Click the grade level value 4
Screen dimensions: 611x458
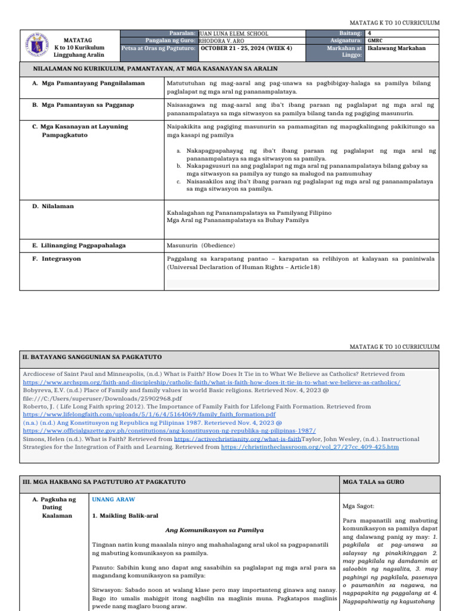pos(370,33)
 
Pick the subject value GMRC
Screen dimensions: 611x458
pos(376,41)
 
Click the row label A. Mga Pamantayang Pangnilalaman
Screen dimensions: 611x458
pos(88,84)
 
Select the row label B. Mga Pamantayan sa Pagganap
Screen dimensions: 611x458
pos(83,105)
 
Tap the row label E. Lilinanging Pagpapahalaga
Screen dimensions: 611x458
pos(79,245)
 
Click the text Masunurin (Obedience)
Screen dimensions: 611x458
pos(202,245)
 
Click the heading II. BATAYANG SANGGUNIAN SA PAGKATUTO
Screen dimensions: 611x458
pos(92,357)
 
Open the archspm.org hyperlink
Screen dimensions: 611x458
pos(212,382)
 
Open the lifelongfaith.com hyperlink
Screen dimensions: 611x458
pos(149,413)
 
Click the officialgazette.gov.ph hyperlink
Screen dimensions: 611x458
pos(169,430)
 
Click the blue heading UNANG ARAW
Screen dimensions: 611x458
pos(113,499)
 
